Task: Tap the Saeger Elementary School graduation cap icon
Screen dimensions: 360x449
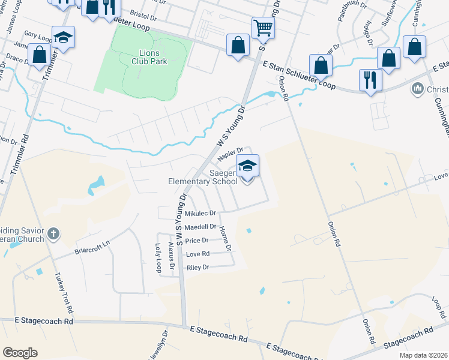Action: click(247, 166)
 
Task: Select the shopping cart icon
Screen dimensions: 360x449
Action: click(263, 28)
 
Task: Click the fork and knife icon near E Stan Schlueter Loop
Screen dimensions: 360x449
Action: click(370, 79)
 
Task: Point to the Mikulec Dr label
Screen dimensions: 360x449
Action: click(200, 213)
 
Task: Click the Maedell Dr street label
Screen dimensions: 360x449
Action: click(200, 227)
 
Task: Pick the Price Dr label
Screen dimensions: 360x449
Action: click(197, 241)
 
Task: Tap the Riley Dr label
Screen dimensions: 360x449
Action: click(197, 268)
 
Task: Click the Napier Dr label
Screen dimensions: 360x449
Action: click(231, 154)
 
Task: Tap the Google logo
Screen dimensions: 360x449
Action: click(20, 353)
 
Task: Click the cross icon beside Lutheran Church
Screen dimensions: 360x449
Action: click(54, 234)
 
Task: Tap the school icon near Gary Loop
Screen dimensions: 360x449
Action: click(63, 37)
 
